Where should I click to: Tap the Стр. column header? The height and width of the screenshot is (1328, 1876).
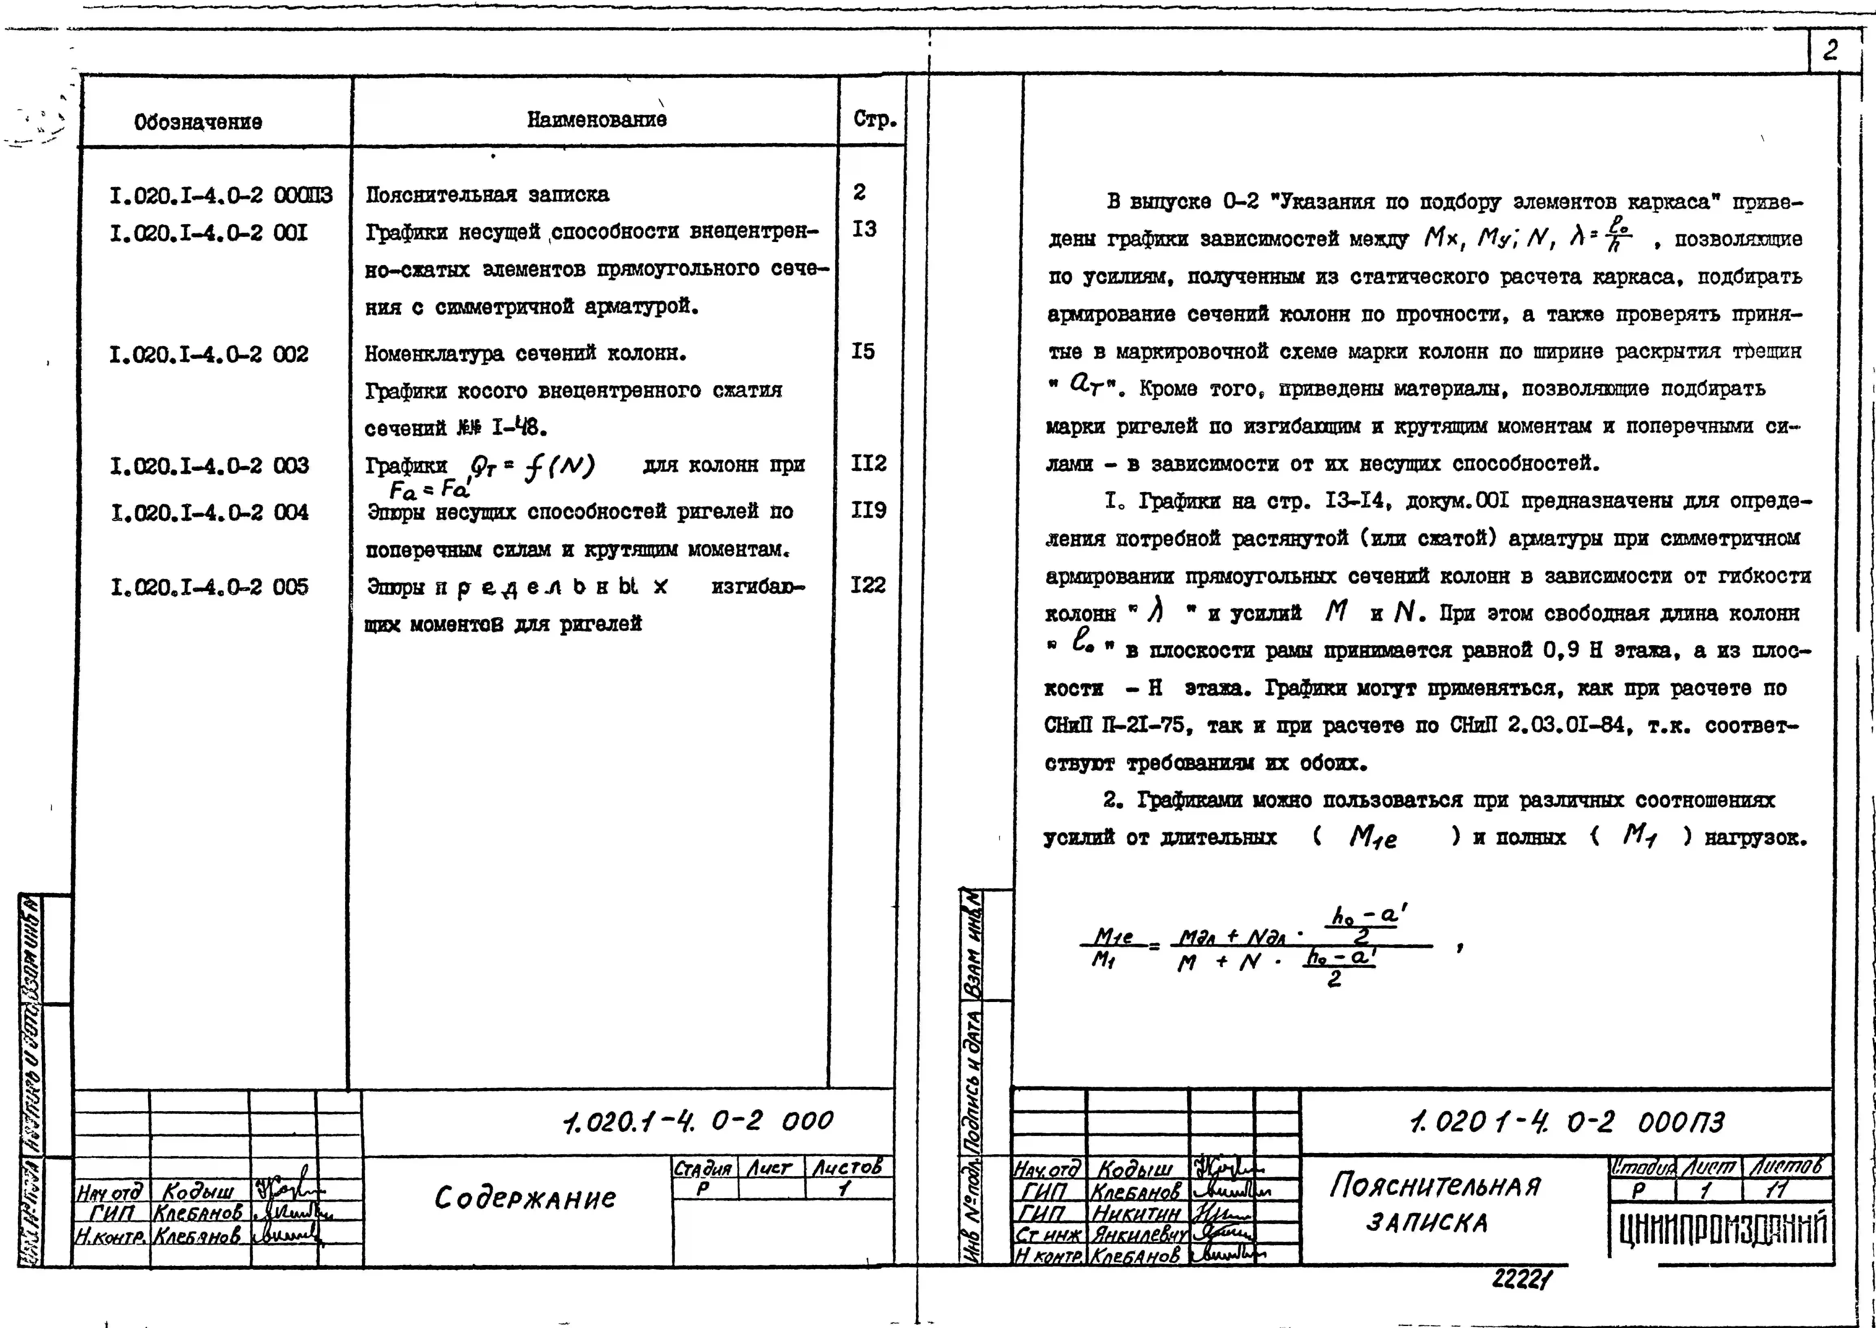[874, 119]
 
